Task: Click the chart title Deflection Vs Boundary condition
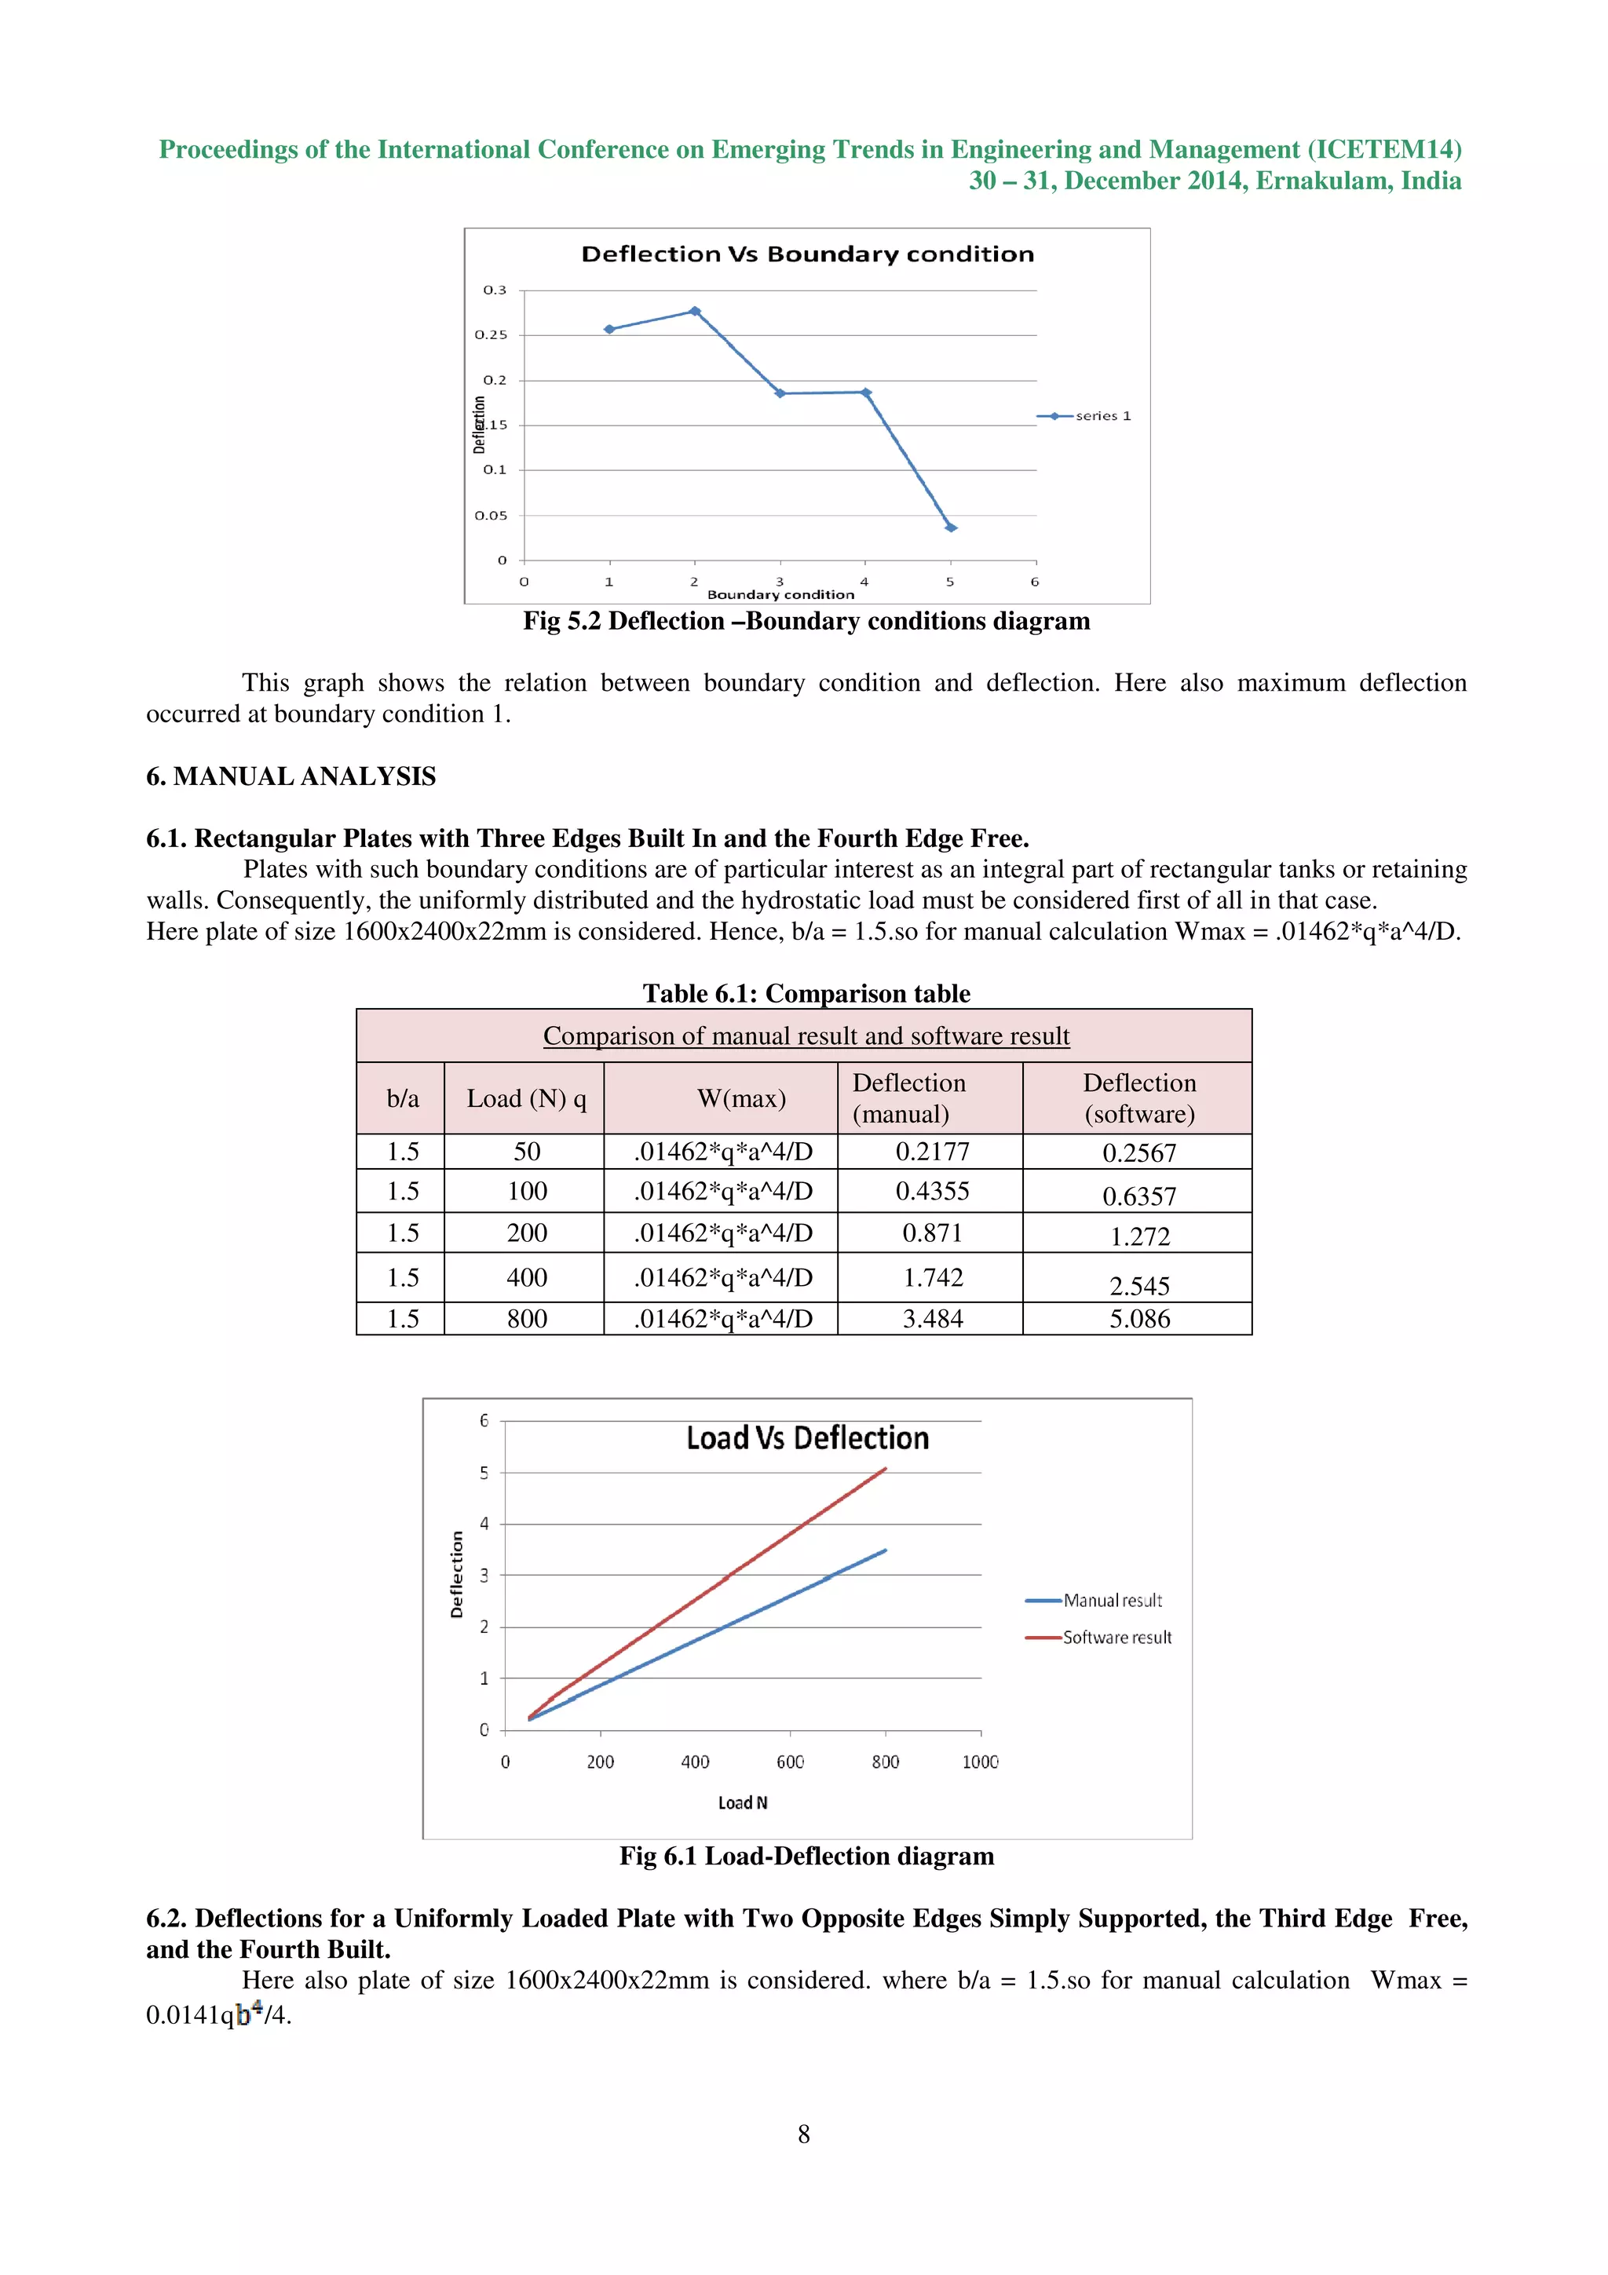tap(806, 254)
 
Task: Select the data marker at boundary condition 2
tap(695, 311)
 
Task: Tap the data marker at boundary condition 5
tap(950, 527)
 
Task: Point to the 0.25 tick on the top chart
tap(491, 335)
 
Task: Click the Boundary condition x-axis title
tap(780, 594)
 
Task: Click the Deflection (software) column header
tap(1138, 1098)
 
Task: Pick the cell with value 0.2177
tap(931, 1152)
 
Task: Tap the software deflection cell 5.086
tap(1138, 1319)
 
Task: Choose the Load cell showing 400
tap(526, 1277)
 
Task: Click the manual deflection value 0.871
tap(931, 1232)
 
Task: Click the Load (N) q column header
tap(526, 1098)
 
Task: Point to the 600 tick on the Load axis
tap(790, 1762)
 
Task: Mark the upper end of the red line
tap(885, 1470)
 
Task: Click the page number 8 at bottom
tap(803, 2134)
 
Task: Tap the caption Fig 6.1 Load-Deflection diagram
tap(806, 1856)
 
